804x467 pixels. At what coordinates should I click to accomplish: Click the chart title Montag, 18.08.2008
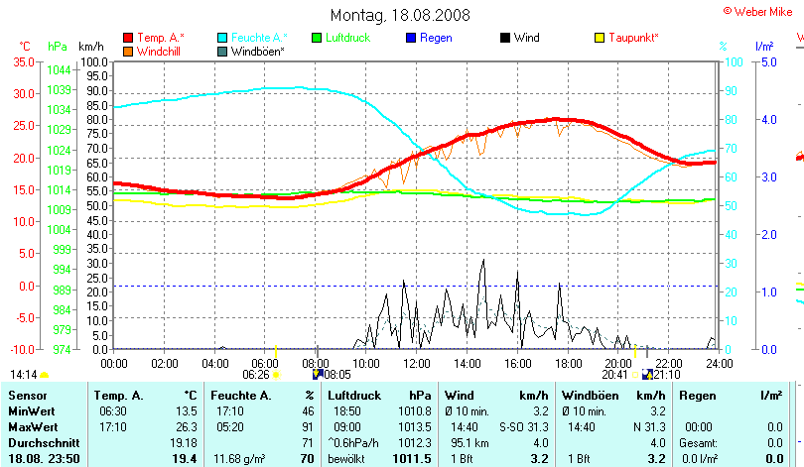(400, 15)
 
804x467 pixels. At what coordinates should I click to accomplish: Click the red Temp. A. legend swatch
(128, 38)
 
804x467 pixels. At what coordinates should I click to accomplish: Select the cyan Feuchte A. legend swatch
(222, 38)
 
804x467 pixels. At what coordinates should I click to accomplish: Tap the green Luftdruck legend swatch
(317, 38)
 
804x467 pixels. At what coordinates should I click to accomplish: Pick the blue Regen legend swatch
(411, 38)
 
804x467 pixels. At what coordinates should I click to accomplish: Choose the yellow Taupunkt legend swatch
(600, 38)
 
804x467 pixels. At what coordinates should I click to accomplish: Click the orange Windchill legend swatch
(128, 51)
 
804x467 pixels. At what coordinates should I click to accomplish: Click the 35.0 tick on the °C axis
(21, 61)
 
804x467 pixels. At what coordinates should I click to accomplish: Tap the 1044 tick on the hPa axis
(58, 69)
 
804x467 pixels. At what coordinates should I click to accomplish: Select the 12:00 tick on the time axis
(413, 362)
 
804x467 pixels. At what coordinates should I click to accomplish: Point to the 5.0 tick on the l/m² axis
(767, 61)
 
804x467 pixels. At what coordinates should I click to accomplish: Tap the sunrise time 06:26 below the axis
(256, 375)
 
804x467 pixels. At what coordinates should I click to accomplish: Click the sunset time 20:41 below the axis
(615, 375)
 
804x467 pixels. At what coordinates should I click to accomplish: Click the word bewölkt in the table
(347, 459)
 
